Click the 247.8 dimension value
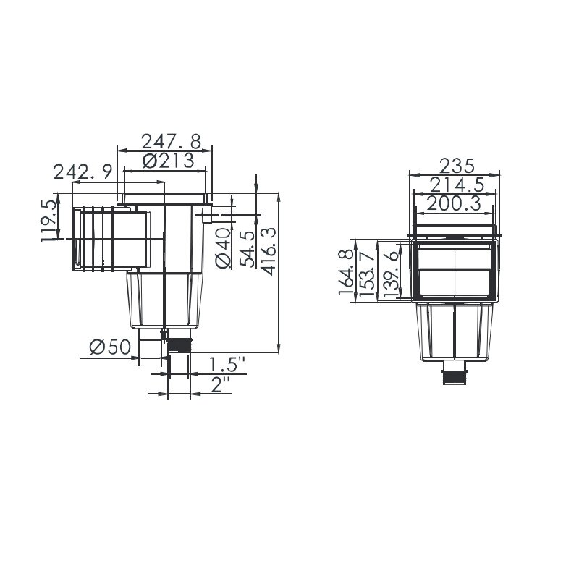tap(171, 140)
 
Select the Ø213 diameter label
tap(169, 161)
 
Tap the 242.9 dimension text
tap(83, 172)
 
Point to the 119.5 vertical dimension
tap(50, 221)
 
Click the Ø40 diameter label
tap(224, 248)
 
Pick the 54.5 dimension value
tap(246, 250)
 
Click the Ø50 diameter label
tap(109, 347)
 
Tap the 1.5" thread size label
tap(227, 363)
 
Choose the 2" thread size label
tap(220, 384)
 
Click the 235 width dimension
tap(455, 164)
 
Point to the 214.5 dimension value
tap(455, 184)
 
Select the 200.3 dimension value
tap(455, 203)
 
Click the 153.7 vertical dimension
tap(368, 272)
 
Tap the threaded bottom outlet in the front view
tap(455, 375)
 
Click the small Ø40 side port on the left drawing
tap(207, 215)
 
